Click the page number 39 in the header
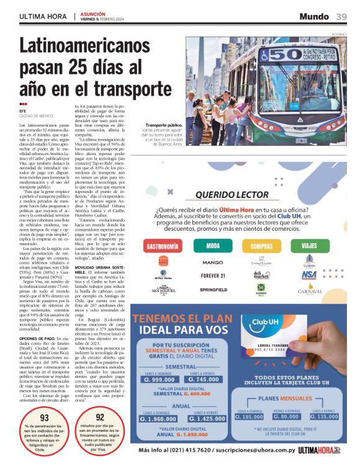pos(341,16)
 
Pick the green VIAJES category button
pos(308,246)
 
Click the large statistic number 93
pos(44,418)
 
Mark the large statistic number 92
pos(99,418)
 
